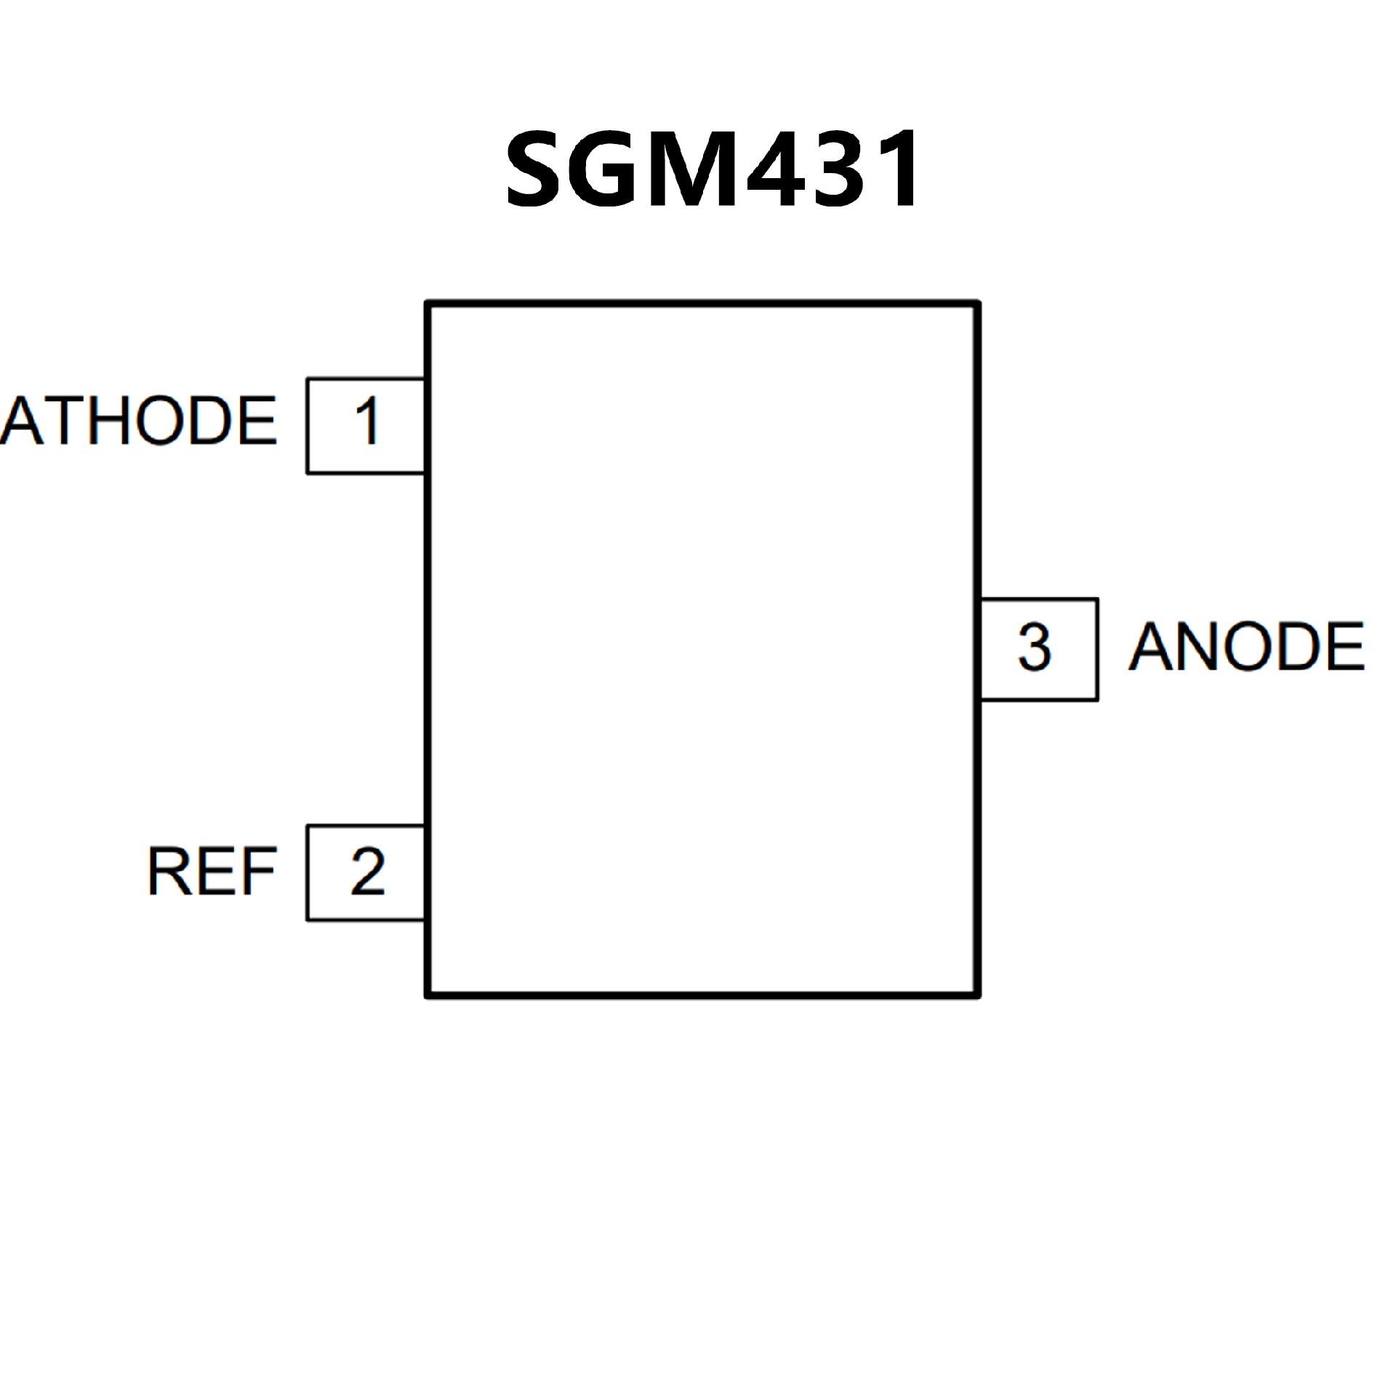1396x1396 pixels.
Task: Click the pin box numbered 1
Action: click(366, 426)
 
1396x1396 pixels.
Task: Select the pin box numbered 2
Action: click(366, 872)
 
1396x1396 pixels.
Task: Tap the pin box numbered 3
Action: click(1039, 649)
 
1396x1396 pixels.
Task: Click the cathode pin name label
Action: click(138, 422)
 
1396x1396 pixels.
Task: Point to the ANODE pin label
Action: click(1246, 647)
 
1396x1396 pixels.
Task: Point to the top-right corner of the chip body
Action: click(978, 303)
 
